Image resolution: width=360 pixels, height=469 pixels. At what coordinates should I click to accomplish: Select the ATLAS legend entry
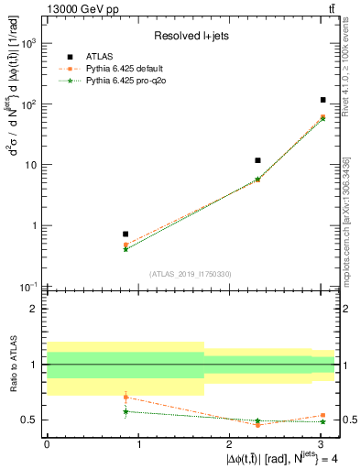coord(191,57)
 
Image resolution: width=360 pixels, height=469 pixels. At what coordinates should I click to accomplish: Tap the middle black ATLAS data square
coord(258,160)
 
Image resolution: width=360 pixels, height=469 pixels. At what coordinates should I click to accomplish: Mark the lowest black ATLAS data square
coord(125,234)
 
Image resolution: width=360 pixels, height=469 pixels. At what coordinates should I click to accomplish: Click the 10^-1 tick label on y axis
coord(29,287)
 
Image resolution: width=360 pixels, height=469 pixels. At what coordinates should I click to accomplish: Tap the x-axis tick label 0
coord(47,442)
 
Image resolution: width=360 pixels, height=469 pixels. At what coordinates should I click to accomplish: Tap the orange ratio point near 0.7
coord(125,398)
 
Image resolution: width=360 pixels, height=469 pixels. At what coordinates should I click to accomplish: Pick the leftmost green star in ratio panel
coord(125,411)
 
